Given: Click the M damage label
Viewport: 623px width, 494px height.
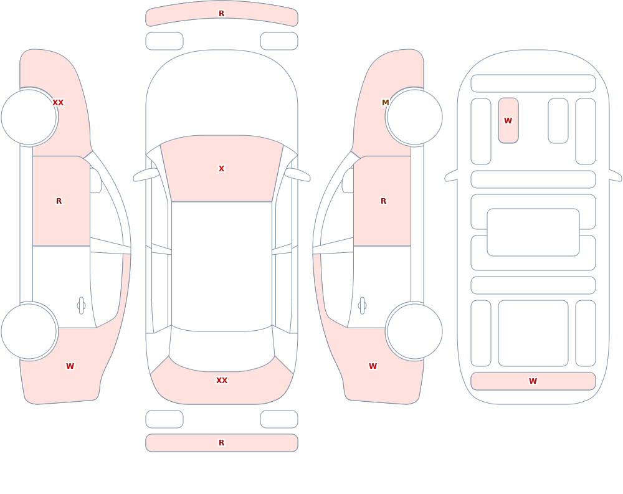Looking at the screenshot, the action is coord(385,103).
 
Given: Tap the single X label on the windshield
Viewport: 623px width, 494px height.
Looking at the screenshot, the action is coord(221,169).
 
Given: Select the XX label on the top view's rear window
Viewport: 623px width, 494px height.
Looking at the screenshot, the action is coord(221,381).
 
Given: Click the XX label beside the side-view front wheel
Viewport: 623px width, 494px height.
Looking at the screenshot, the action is coord(58,103).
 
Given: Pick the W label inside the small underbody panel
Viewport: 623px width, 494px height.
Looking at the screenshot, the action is coord(508,120).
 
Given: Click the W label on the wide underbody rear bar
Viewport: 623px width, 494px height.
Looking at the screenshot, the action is coord(533,381).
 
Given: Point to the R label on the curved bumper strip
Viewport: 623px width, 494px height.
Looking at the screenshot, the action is coord(221,14).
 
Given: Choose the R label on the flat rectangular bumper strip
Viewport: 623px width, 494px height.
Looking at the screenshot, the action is coord(221,442).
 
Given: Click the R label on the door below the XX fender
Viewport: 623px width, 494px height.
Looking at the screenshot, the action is coord(59,201).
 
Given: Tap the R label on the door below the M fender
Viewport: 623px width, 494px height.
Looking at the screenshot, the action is coord(383,201).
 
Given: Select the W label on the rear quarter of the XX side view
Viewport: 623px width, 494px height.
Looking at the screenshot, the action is coord(70,366).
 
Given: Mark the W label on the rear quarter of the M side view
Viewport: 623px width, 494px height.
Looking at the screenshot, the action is coord(373,366).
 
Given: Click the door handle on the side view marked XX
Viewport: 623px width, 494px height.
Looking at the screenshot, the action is coord(81,306).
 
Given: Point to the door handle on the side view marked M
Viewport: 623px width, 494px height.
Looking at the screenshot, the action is coord(362,306).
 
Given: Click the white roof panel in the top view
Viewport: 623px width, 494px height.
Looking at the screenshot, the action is coord(222,266).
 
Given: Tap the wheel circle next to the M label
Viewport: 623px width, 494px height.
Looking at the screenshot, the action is coord(414,117).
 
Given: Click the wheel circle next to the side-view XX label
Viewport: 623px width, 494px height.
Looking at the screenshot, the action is coord(29,117).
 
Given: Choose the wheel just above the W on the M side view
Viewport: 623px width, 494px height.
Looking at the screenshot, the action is coord(414,331).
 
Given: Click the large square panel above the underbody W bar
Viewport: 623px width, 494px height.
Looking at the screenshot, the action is coord(533,333).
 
